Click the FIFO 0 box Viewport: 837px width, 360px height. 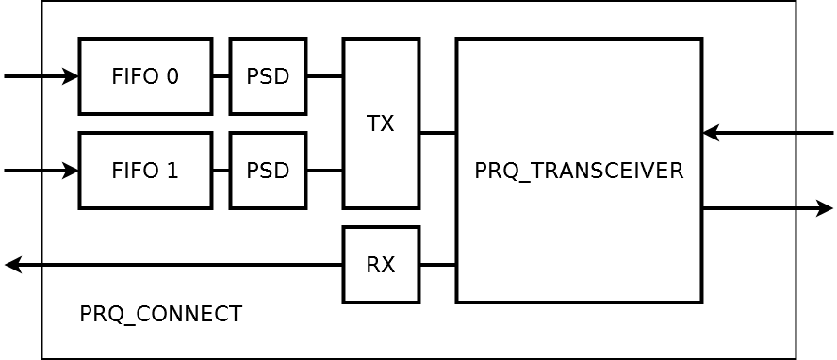(145, 76)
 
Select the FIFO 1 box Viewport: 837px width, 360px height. (145, 171)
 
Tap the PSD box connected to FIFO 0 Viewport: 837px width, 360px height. (268, 76)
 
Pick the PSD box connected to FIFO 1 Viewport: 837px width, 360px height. (268, 171)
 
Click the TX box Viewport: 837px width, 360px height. (381, 123)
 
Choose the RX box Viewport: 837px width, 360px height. (381, 265)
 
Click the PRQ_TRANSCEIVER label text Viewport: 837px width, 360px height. (578, 171)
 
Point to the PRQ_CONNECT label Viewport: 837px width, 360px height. (160, 314)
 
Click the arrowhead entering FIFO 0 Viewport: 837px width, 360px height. (72, 76)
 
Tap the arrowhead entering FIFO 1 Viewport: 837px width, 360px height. (72, 171)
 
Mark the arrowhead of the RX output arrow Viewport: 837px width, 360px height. (12, 265)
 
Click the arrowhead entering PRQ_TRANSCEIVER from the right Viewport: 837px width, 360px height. (711, 133)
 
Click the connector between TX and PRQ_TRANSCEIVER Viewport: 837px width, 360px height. (437, 133)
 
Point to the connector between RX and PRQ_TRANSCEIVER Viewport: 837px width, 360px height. (437, 265)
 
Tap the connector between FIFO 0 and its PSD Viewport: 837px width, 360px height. (221, 76)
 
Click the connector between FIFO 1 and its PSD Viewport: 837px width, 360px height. (221, 171)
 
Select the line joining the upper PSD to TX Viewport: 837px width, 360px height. (324, 76)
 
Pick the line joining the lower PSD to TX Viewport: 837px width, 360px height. (324, 171)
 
